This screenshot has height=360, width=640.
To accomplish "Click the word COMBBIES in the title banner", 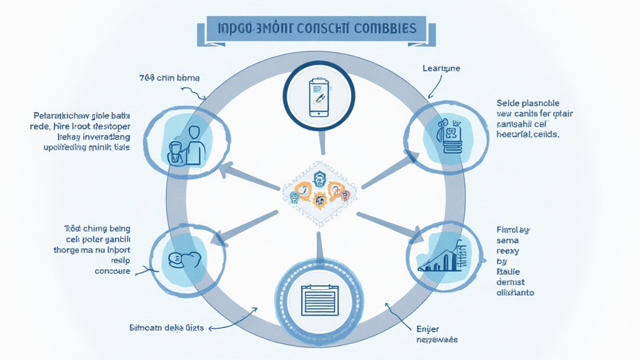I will [x=385, y=29].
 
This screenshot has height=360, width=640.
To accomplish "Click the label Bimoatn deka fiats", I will [x=166, y=327].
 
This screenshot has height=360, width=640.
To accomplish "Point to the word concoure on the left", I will [x=112, y=271].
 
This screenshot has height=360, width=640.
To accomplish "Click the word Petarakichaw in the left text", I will [x=60, y=116].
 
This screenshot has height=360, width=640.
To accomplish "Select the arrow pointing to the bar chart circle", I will [x=391, y=226].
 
